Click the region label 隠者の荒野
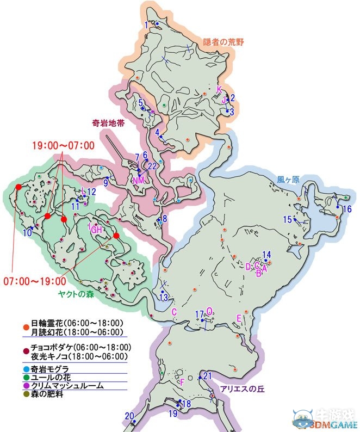(224, 41)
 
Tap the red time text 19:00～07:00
(63, 145)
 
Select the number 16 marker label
(346, 209)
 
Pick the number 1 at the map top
(146, 25)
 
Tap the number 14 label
(266, 254)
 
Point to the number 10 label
(27, 233)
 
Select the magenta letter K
(219, 89)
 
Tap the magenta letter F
(183, 382)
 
